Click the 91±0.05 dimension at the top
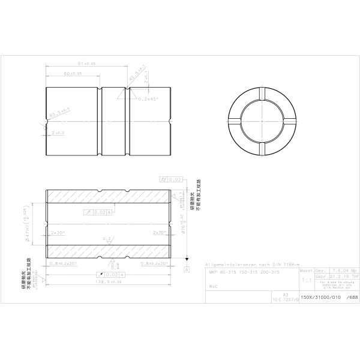point(88,62)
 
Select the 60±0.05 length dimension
point(73,73)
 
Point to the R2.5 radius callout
point(137,76)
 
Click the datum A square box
point(187,270)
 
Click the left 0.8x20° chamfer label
point(64,263)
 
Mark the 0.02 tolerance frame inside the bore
point(99,212)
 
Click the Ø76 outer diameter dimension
point(181,223)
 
